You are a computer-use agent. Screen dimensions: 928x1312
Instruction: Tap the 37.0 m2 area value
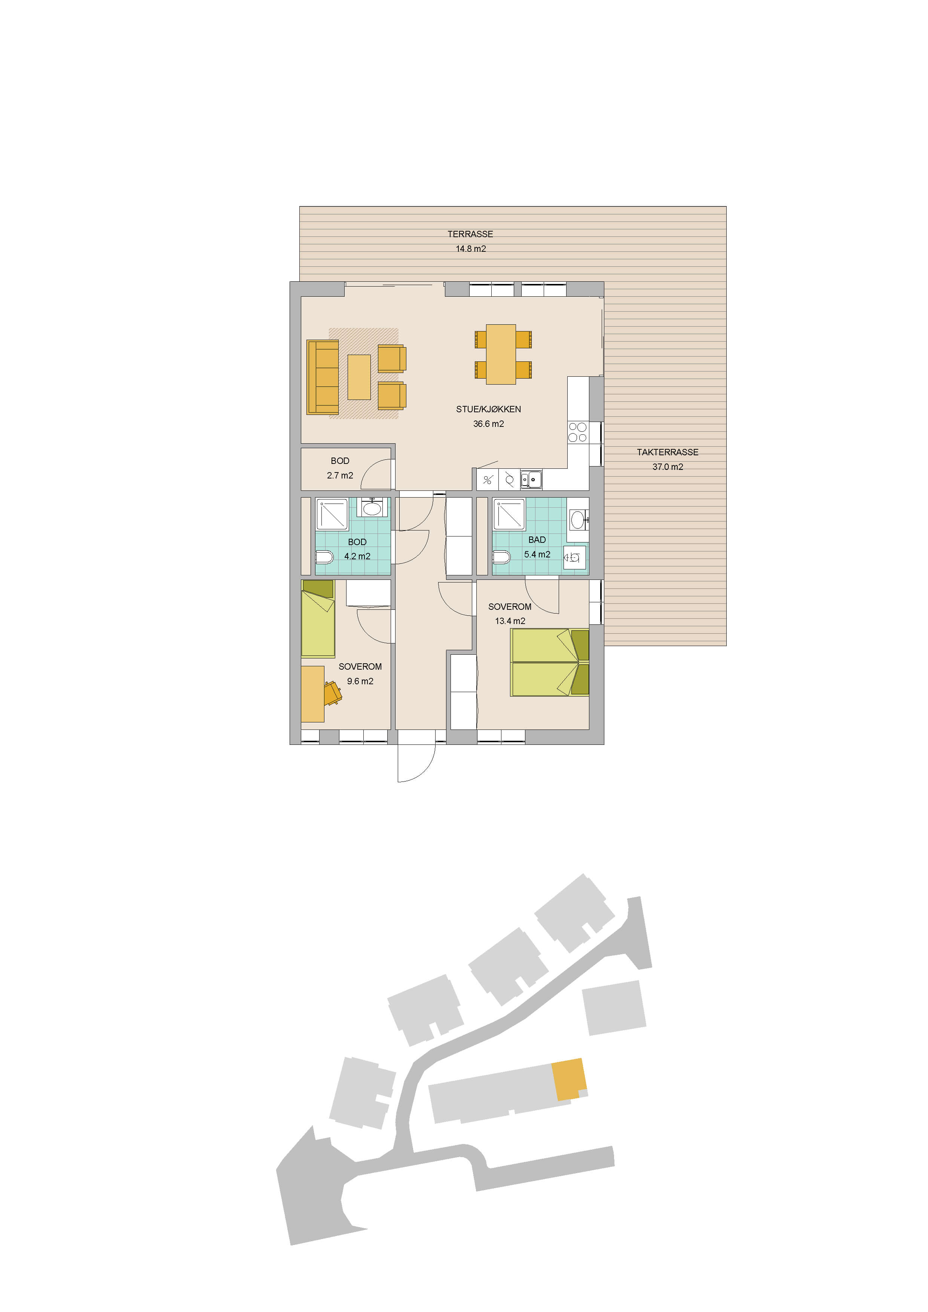click(x=668, y=467)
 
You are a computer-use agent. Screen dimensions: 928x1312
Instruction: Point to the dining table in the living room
click(x=501, y=354)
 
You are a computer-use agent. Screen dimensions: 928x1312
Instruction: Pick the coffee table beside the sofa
click(x=359, y=377)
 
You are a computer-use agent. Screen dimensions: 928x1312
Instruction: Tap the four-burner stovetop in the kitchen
click(x=578, y=432)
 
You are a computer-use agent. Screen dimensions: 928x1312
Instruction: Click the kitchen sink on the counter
click(x=531, y=480)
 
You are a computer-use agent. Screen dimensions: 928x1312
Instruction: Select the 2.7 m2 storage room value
click(x=340, y=475)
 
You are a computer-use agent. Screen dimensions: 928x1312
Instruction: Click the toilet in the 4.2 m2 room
click(x=324, y=557)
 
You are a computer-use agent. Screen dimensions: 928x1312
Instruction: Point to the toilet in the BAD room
click(x=501, y=557)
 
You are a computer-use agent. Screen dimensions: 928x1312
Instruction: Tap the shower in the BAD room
click(x=509, y=513)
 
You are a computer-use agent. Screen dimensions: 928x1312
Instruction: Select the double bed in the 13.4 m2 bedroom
click(x=550, y=662)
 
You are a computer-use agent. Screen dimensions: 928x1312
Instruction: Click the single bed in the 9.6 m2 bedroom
click(x=318, y=619)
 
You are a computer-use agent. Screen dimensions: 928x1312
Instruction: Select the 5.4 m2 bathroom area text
click(x=537, y=554)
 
